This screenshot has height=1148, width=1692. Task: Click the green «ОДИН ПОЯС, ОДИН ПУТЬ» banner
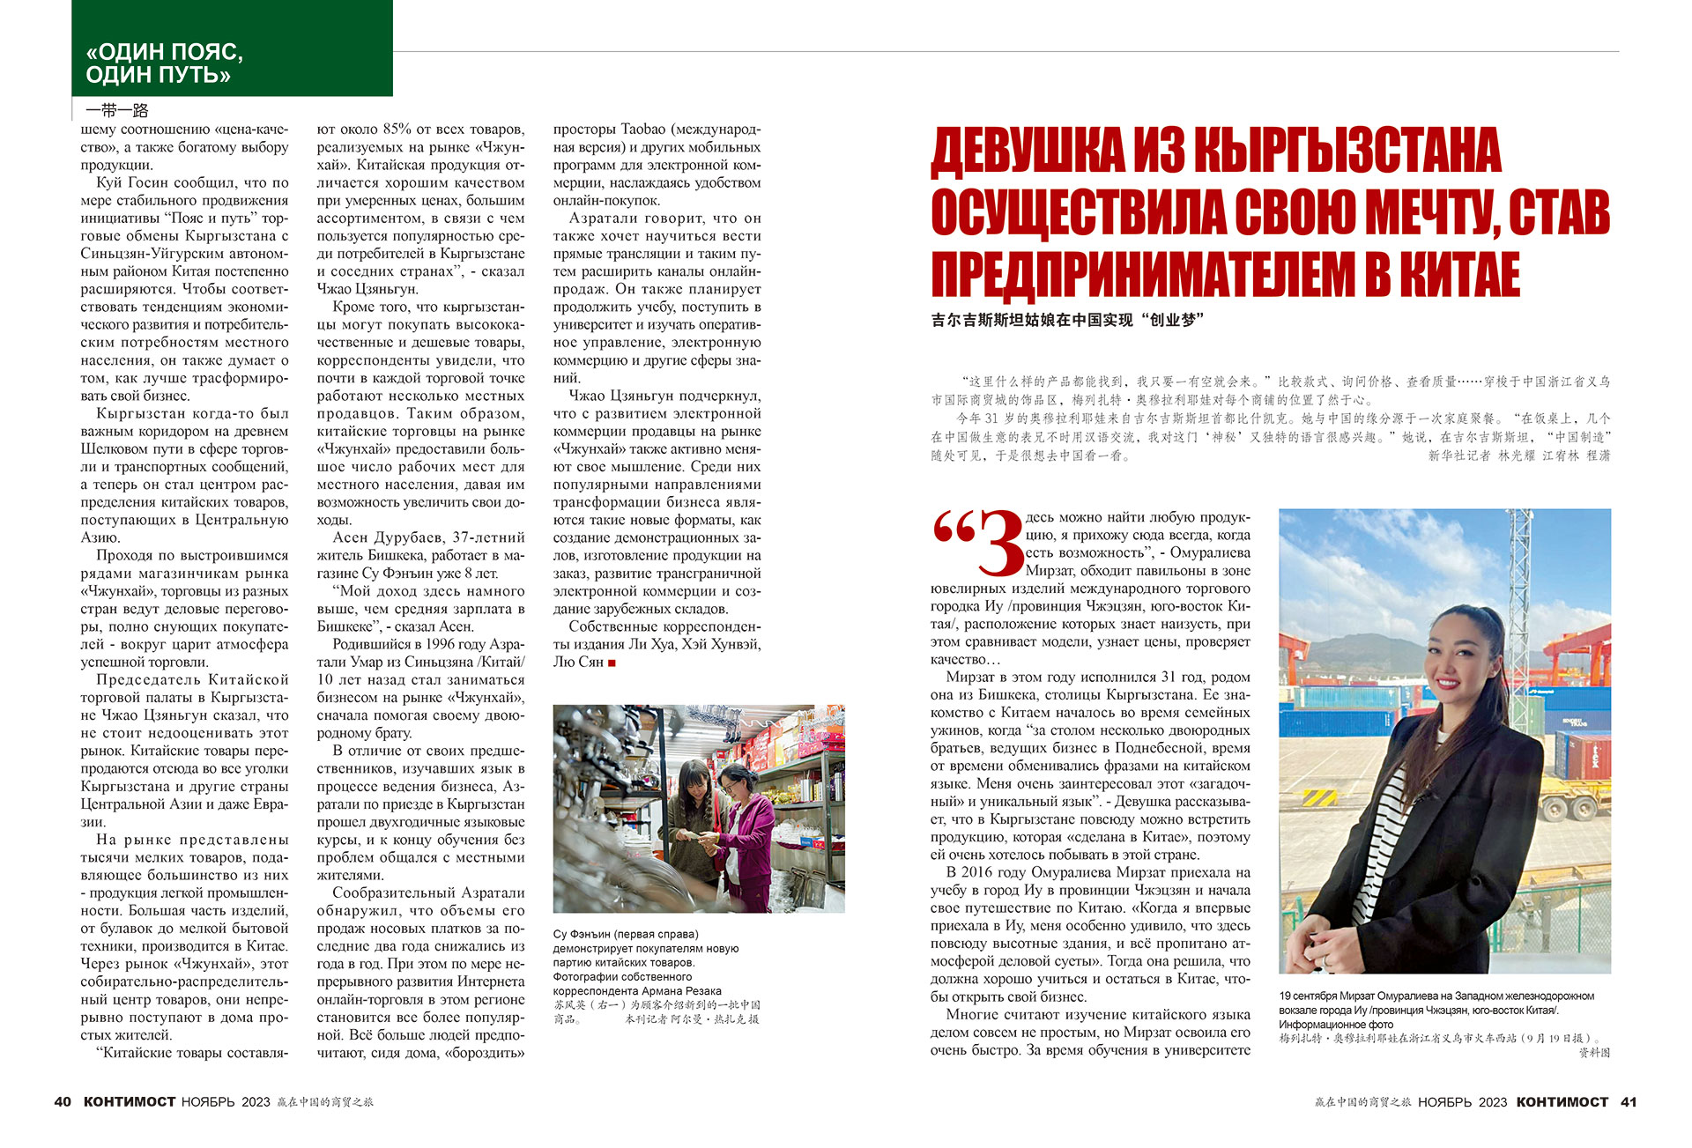pyautogui.click(x=232, y=48)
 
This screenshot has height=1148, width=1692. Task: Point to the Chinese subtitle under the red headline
pyautogui.click(x=1066, y=321)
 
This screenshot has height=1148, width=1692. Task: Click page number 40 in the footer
pyautogui.click(x=63, y=1101)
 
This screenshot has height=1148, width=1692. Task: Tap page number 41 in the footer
pyautogui.click(x=1629, y=1101)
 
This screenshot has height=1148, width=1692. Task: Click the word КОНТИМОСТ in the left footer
pyautogui.click(x=130, y=1101)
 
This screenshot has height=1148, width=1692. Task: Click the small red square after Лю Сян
pyautogui.click(x=612, y=663)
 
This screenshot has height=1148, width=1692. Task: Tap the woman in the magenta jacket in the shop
pyautogui.click(x=746, y=824)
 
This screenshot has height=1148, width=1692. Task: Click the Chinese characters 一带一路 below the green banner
pyautogui.click(x=117, y=110)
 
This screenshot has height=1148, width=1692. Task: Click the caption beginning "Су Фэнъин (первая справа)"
pyautogui.click(x=626, y=934)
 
